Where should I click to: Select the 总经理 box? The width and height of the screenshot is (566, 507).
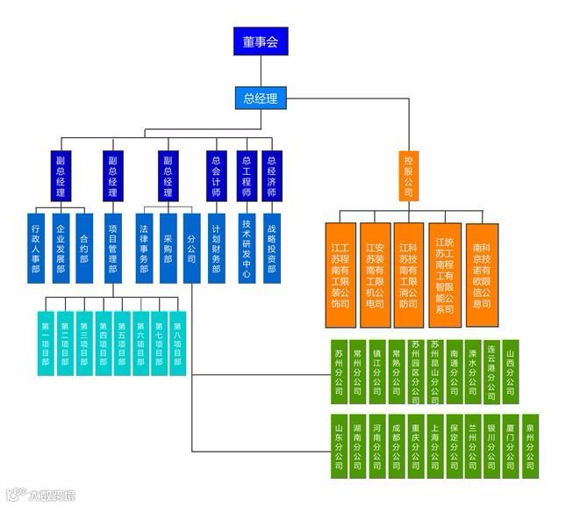pos(261,98)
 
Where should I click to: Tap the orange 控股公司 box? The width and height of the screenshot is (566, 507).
pos(408,176)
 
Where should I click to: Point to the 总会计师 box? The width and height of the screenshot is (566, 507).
pos(217,176)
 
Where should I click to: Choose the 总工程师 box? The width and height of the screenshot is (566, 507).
pos(247,176)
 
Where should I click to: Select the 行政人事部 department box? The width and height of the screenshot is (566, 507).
pos(36,248)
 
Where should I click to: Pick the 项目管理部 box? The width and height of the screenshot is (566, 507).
pos(112,248)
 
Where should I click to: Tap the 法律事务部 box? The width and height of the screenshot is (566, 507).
pos(144,248)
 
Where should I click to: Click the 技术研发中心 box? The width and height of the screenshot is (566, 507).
pos(247,248)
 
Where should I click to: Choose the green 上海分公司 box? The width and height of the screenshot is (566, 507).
pos(434,445)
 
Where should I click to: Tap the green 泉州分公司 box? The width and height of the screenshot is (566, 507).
pos(530,445)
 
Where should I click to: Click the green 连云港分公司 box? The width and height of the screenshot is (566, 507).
pos(492,366)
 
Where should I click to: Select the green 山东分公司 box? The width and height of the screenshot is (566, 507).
pos(339,445)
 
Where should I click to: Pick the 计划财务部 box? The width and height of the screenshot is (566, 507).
pos(217,248)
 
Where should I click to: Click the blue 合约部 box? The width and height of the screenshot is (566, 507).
pos(84,248)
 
